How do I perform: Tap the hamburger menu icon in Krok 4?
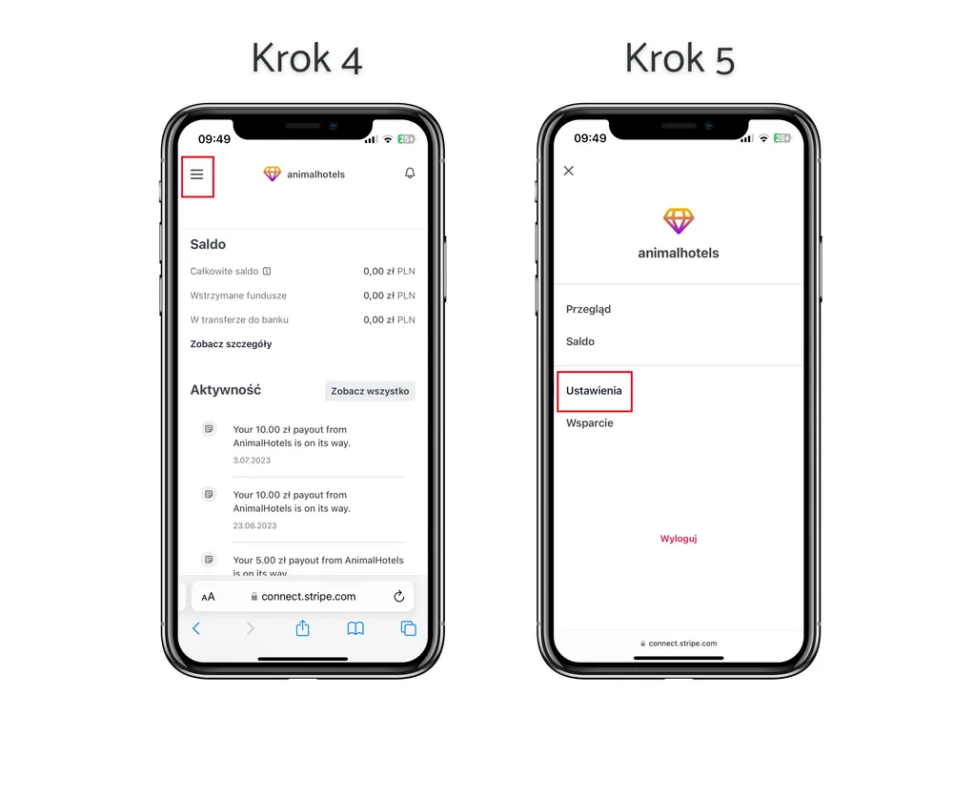point(197,175)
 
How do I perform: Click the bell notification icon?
point(410,174)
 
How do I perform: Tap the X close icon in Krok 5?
point(569,171)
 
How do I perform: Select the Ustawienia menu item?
point(594,391)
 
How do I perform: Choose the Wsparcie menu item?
point(590,423)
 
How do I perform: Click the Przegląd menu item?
point(588,310)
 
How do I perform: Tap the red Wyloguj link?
point(679,539)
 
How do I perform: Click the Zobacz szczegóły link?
point(231,344)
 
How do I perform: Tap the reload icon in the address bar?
point(398,596)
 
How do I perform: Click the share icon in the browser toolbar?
point(303,627)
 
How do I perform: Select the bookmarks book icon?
point(355,628)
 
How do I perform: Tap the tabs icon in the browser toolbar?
point(409,628)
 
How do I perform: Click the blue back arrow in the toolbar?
point(196,628)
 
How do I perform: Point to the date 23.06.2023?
point(254,526)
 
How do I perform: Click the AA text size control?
point(208,597)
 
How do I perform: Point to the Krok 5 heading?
point(679,59)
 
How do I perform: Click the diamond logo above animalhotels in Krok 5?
point(679,221)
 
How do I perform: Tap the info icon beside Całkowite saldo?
point(267,271)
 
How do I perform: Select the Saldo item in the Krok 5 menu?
point(580,341)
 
